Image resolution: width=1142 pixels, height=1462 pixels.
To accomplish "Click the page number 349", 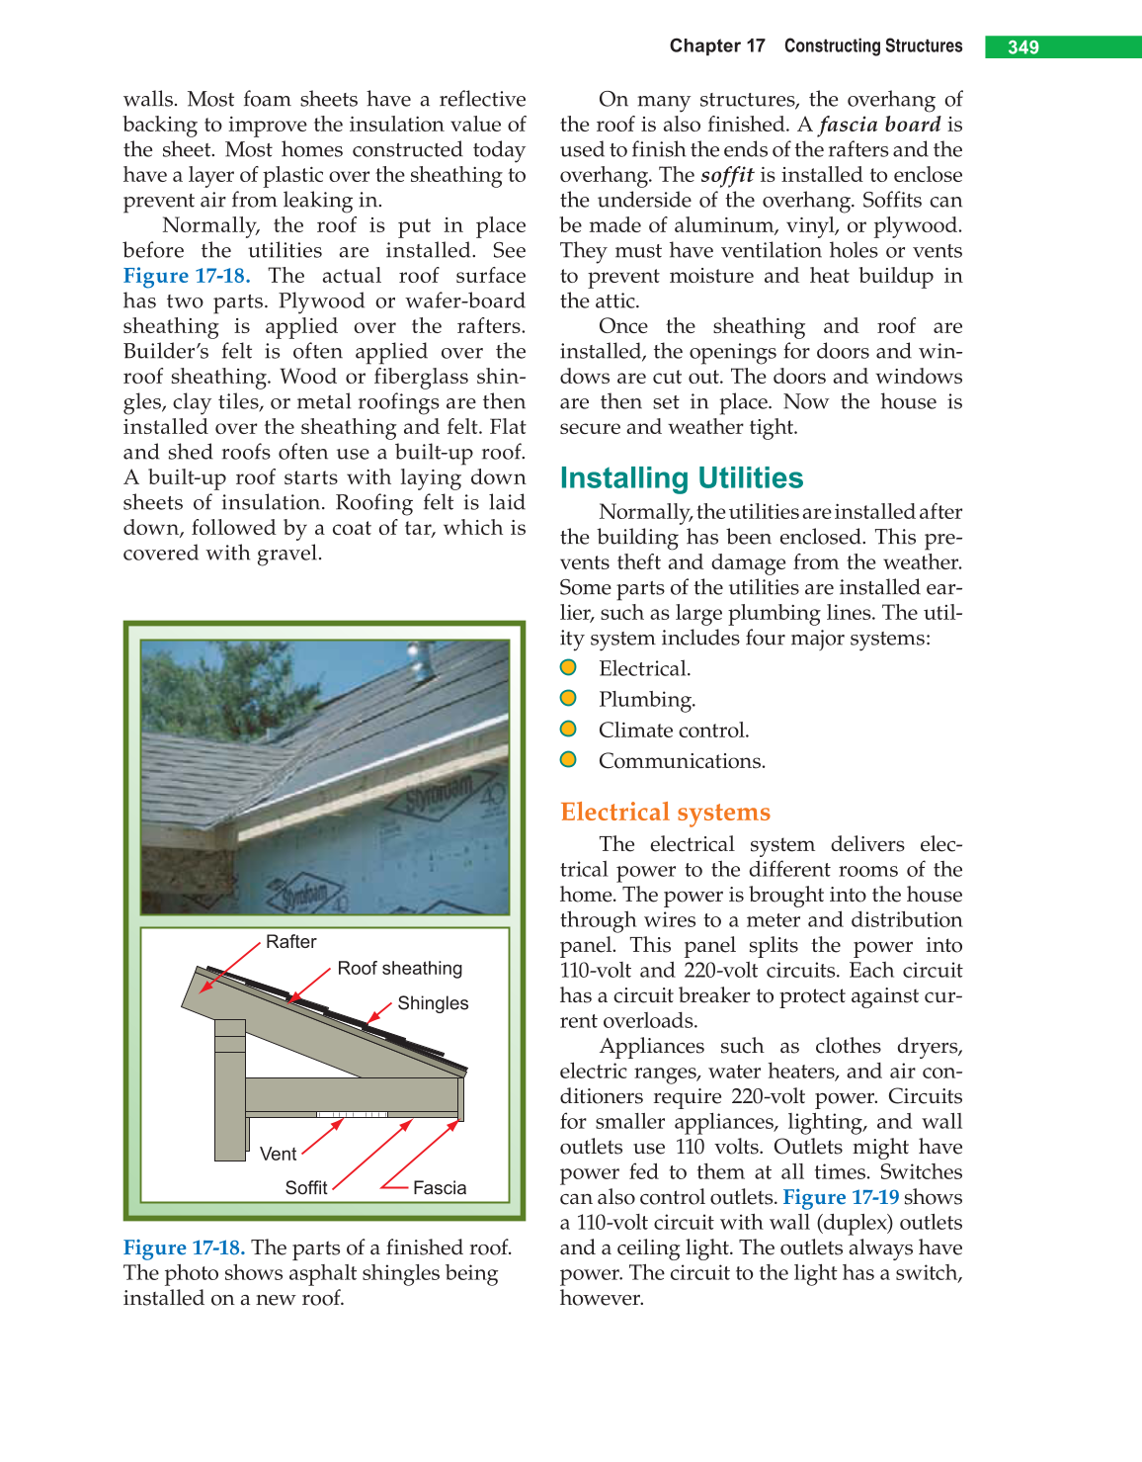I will (x=1023, y=47).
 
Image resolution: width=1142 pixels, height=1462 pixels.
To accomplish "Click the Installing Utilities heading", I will (x=681, y=478).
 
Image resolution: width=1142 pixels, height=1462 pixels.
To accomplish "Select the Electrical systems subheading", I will (x=665, y=812).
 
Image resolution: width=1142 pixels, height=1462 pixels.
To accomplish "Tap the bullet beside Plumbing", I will (x=568, y=698).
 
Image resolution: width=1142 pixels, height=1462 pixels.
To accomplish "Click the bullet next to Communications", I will (x=568, y=759).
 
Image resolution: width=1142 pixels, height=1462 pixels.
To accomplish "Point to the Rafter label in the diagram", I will (x=290, y=942).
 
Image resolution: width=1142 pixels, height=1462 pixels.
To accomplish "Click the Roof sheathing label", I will (x=399, y=969).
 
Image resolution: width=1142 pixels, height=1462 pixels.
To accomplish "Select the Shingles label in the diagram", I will (x=433, y=1003).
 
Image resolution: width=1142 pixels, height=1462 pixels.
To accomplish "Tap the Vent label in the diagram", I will (x=278, y=1155).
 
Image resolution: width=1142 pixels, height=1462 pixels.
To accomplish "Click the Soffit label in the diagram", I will (x=305, y=1188).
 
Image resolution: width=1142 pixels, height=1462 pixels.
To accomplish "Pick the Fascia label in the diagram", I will (x=440, y=1188).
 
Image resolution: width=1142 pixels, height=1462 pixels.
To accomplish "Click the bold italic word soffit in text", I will (x=727, y=175).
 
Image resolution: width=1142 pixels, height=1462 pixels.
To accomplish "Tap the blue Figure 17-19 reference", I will (x=841, y=1197).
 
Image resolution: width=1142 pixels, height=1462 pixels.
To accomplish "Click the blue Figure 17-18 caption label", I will (x=184, y=1247).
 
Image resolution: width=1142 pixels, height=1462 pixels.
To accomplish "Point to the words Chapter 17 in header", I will (x=717, y=46).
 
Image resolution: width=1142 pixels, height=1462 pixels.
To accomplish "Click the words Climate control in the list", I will (x=674, y=731).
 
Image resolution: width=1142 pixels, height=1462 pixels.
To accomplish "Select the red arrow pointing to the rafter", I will (x=228, y=968).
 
